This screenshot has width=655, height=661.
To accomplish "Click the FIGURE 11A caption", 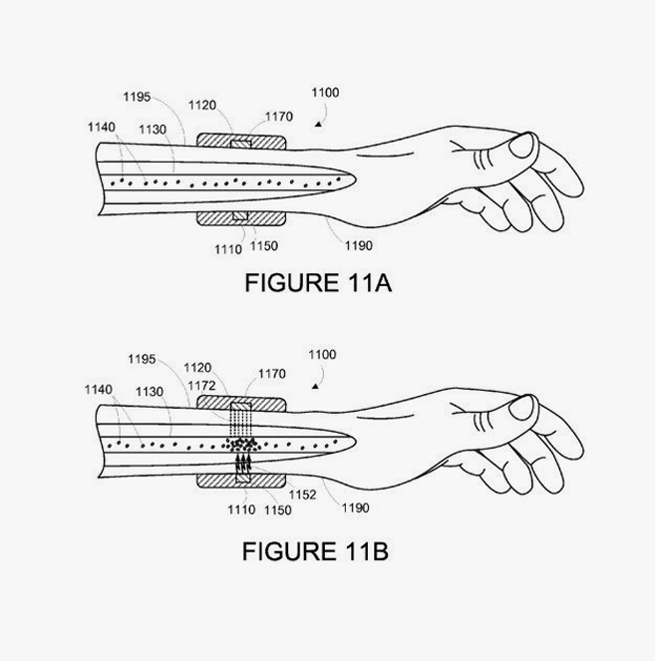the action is (318, 282).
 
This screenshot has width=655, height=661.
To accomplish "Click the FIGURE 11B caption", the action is (315, 551).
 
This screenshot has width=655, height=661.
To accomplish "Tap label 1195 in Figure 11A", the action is (137, 97).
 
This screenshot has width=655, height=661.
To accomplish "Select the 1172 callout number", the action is (201, 386).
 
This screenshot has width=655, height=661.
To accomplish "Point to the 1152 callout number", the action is (302, 495).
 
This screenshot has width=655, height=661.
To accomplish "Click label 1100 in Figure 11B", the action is (322, 355).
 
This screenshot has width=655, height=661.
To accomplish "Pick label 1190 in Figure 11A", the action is (358, 245).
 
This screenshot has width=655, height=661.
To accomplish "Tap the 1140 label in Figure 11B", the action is (99, 390).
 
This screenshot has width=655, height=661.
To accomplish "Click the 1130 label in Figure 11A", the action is (153, 130).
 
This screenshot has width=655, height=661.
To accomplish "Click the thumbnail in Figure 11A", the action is (521, 146).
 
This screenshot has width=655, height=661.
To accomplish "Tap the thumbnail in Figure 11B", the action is (521, 408).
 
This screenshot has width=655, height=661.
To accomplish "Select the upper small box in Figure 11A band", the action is (241, 145).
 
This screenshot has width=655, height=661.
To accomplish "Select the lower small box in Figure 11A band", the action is (240, 215).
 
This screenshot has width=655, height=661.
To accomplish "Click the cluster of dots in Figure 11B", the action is (240, 445).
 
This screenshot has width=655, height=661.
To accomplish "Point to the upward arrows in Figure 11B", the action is (243, 462).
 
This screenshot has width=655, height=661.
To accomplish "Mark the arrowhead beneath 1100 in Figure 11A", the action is (319, 124).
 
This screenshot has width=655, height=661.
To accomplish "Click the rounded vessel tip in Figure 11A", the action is (353, 180).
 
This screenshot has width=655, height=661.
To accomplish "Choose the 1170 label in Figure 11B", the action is (272, 374).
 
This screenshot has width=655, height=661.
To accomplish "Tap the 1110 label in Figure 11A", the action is (228, 249).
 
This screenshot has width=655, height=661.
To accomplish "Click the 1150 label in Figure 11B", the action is (278, 510).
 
